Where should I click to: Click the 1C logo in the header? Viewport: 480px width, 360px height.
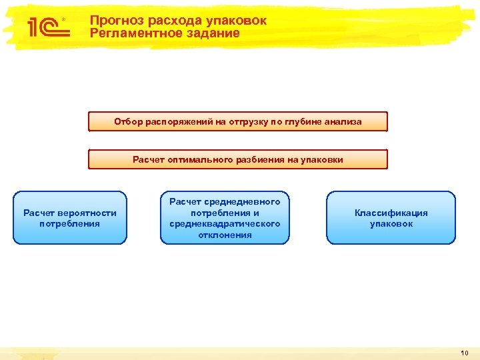tap(44, 26)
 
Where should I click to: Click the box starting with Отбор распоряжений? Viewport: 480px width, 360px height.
tap(238, 122)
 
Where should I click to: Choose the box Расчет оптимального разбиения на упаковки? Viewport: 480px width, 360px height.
tap(238, 159)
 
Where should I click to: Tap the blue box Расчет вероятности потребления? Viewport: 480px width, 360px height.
tap(70, 218)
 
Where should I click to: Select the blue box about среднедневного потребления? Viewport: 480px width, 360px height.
tap(225, 218)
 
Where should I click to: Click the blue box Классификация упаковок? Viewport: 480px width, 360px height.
tap(391, 218)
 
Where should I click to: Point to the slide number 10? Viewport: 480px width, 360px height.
tap(464, 352)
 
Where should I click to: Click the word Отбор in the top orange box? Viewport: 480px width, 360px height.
tap(125, 122)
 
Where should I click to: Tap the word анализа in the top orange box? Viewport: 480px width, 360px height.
tap(343, 122)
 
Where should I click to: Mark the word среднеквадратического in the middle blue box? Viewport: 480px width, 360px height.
tap(225, 223)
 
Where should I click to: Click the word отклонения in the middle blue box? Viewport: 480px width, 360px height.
tap(225, 235)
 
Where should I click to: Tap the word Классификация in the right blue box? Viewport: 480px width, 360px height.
tap(391, 213)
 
